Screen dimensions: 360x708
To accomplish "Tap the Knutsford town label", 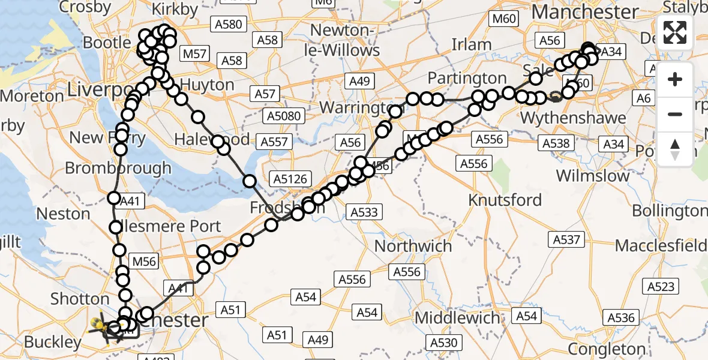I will [x=505, y=200].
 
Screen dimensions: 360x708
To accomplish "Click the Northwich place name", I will [x=413, y=246].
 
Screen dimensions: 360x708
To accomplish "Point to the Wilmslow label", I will [x=593, y=176].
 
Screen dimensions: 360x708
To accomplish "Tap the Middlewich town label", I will [x=457, y=317].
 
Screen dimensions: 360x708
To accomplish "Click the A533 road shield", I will [x=364, y=211].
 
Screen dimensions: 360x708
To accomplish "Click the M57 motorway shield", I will [x=195, y=55].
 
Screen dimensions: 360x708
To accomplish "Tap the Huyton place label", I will [x=207, y=84].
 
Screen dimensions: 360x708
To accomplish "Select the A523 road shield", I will [x=661, y=286].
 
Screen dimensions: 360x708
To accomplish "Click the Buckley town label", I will [x=53, y=342].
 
